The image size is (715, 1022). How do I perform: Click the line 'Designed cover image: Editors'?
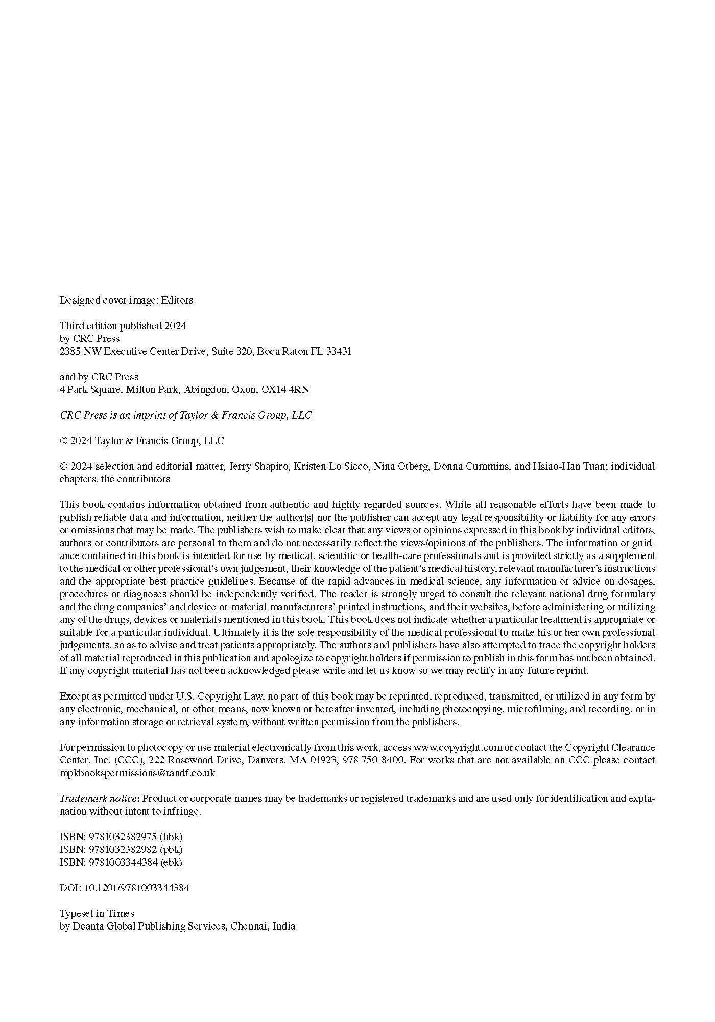(126, 300)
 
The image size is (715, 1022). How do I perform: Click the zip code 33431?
(338, 352)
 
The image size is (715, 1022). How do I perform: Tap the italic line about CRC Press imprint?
(185, 415)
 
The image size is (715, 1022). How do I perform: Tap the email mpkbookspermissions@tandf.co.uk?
(137, 773)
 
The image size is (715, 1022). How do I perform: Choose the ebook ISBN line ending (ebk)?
(121, 863)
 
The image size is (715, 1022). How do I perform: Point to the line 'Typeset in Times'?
(97, 914)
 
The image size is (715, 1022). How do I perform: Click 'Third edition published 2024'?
(123, 326)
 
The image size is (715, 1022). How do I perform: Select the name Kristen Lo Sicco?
(330, 467)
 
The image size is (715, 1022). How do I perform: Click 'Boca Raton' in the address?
(282, 352)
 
